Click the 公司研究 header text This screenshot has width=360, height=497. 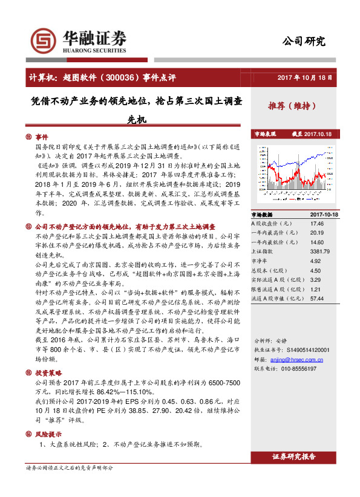pyautogui.click(x=304, y=41)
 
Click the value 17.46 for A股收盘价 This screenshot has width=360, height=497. pyautogui.click(x=317, y=223)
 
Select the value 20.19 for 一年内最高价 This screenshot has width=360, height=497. pyautogui.click(x=317, y=232)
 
